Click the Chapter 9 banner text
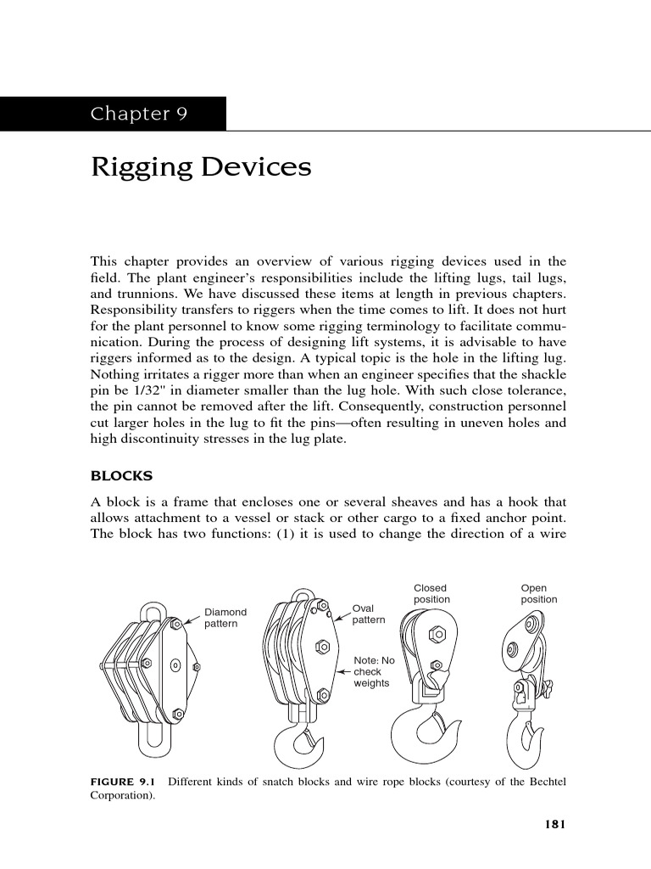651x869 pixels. click(139, 115)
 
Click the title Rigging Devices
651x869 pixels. click(201, 167)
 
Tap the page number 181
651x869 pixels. click(553, 823)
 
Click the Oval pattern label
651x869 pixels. click(369, 614)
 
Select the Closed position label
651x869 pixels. click(431, 593)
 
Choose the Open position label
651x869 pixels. click(539, 593)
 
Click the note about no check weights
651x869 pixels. click(374, 671)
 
